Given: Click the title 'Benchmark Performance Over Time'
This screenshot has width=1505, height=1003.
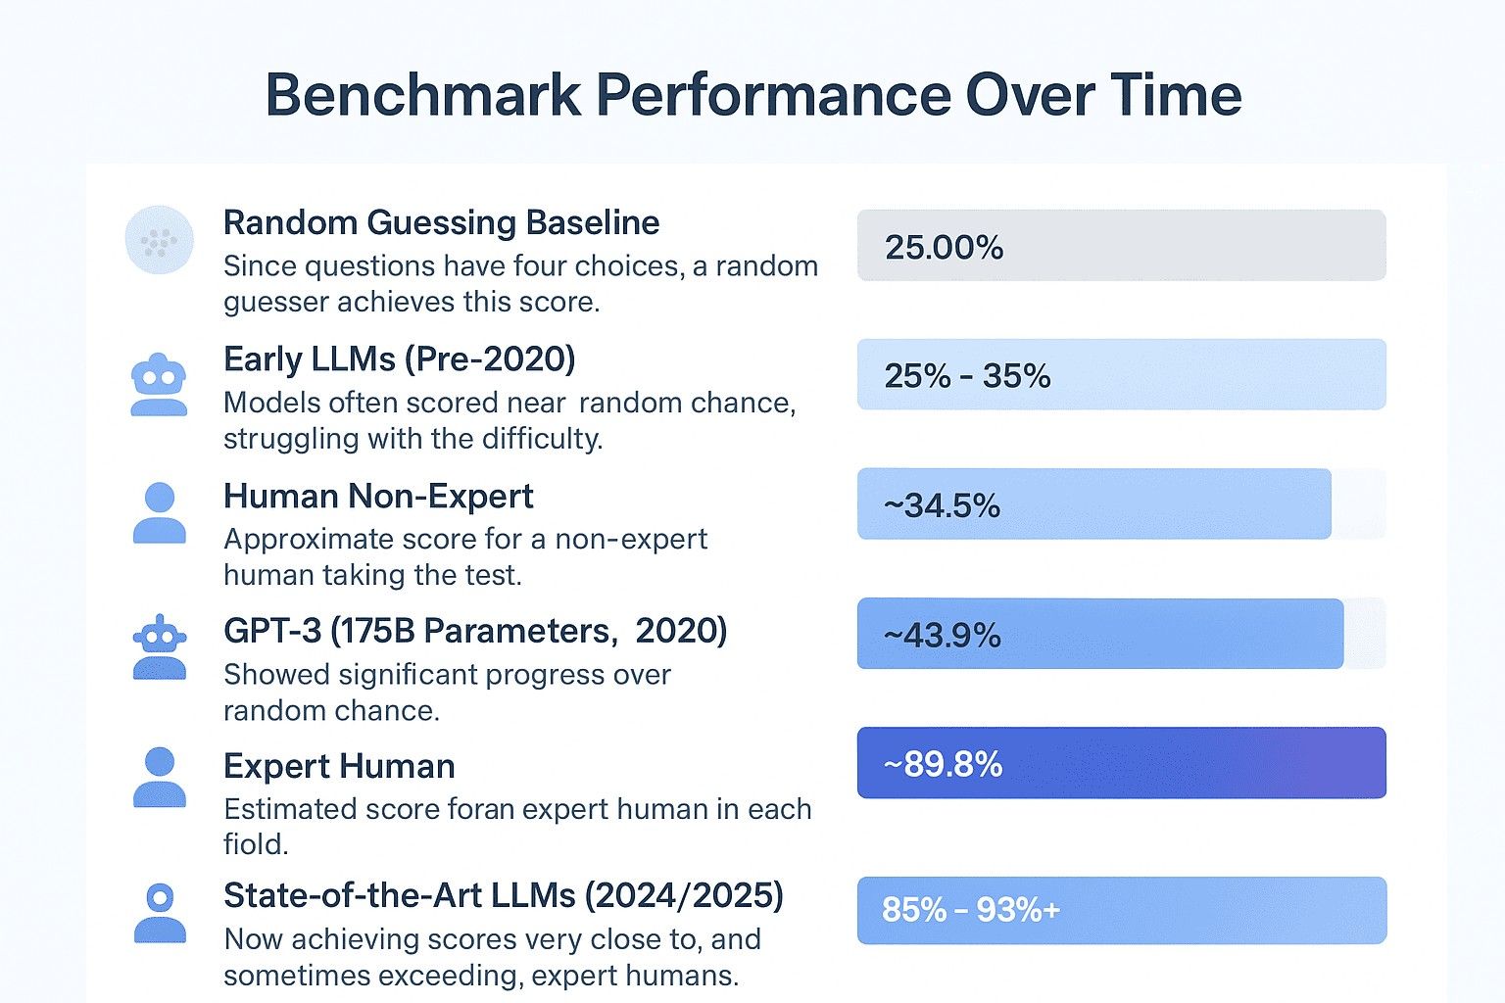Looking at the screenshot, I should (x=752, y=95).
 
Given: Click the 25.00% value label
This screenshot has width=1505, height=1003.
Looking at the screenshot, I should (x=944, y=247).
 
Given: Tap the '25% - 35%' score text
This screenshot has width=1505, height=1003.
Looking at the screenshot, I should (x=967, y=376).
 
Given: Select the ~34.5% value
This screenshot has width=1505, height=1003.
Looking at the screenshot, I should (x=942, y=505).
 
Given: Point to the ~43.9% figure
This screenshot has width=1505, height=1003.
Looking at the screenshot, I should (x=942, y=636).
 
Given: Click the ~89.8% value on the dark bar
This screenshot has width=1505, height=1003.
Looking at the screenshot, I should (x=943, y=764).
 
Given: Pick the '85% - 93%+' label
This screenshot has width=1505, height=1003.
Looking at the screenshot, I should (x=970, y=910).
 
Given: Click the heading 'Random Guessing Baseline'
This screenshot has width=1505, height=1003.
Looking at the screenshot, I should (x=441, y=223).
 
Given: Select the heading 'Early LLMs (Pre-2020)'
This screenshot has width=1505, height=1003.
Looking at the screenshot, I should (x=399, y=359).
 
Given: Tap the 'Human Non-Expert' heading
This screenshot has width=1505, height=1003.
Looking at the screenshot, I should (x=378, y=497).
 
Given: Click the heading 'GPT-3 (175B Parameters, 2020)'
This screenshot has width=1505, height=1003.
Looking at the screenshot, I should (x=475, y=631).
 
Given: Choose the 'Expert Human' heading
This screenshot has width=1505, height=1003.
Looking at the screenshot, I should (x=339, y=766).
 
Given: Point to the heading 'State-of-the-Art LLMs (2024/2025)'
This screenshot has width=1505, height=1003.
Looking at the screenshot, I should (x=503, y=896).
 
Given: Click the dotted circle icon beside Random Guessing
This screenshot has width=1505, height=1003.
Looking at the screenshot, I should (x=159, y=240).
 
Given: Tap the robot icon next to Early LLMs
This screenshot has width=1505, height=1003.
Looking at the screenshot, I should (x=159, y=384).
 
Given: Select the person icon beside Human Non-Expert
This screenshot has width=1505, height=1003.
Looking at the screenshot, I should (x=159, y=513).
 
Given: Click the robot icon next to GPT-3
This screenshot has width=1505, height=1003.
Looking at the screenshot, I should (x=159, y=648).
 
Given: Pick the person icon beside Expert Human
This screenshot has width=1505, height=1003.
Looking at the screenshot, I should (x=159, y=778).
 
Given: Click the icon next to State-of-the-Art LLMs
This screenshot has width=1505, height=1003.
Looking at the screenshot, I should (x=159, y=913).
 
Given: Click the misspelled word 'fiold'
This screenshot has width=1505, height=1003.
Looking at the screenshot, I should (x=256, y=844).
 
